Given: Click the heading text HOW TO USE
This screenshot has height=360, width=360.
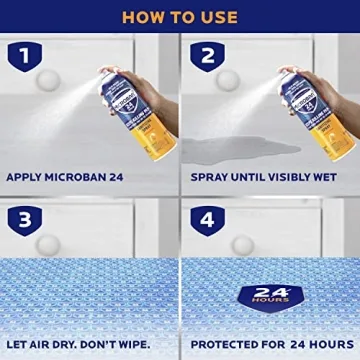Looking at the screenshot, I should point(180,16).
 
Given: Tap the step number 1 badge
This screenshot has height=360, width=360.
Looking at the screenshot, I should point(24,57).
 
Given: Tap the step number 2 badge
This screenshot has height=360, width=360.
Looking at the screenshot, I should point(206,57).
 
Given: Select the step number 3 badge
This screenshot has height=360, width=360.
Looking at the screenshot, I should point(24,217).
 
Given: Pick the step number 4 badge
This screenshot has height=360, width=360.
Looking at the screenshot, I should point(206,217).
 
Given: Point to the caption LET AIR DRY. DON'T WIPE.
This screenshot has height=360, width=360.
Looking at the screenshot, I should point(78,345).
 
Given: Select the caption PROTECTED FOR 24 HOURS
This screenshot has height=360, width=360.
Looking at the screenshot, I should point(270,345).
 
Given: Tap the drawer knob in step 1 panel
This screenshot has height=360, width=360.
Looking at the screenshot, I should point(46,82).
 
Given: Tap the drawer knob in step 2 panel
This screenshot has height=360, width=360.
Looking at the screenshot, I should point(228,80).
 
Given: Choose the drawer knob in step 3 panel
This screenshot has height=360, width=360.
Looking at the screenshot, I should point(47,244).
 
